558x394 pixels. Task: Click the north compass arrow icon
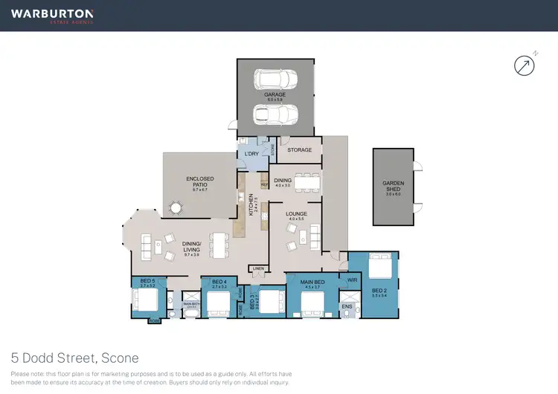pyautogui.click(x=525, y=65)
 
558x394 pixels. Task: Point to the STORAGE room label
pyautogui.click(x=300, y=150)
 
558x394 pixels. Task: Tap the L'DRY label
pyautogui.click(x=251, y=154)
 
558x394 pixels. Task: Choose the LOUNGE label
pyautogui.click(x=297, y=216)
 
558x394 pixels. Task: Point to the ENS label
pyautogui.click(x=347, y=306)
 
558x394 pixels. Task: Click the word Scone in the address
pyautogui.click(x=120, y=358)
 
